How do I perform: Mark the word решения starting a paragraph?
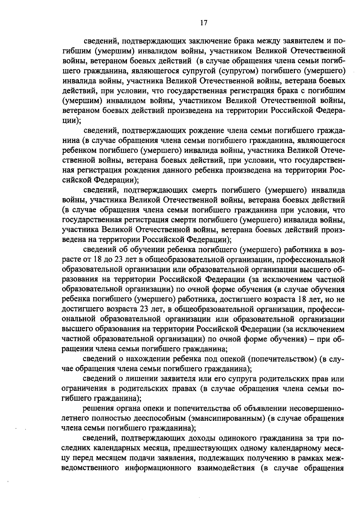click(x=98, y=409)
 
